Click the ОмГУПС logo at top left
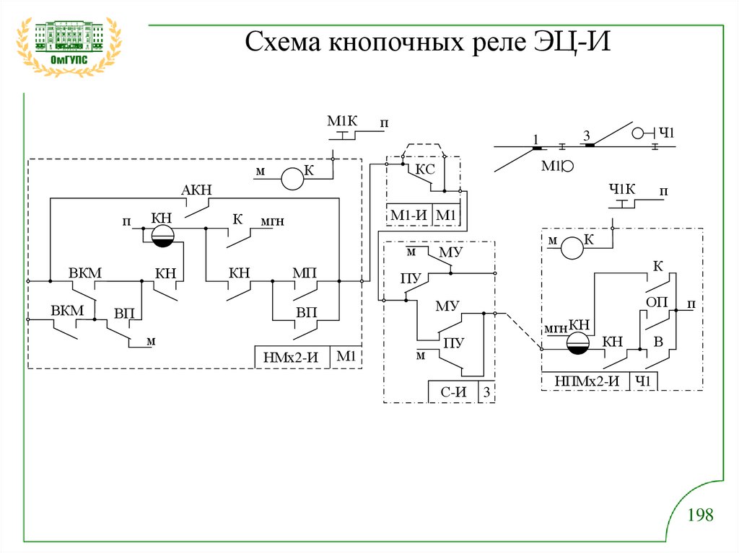(69, 48)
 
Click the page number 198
(700, 515)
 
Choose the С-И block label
(455, 393)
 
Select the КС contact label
(426, 169)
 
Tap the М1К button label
(338, 120)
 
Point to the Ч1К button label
(622, 190)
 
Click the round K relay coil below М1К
(292, 179)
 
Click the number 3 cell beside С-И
(487, 393)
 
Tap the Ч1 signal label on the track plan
(665, 133)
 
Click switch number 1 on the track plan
(536, 138)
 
